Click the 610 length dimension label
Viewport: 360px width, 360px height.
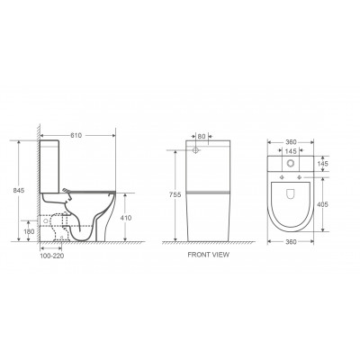(76, 136)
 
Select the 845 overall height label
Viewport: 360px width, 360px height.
(18, 190)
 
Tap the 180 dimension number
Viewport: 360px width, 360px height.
(29, 231)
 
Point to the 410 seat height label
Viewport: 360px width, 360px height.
(126, 218)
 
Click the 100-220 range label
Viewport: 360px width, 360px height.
(52, 256)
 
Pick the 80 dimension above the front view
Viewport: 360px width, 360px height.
(202, 137)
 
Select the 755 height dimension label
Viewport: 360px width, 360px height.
(175, 194)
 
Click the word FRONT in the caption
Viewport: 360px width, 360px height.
(198, 255)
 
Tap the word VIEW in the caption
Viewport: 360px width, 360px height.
(220, 255)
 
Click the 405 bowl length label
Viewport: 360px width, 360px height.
(322, 204)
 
